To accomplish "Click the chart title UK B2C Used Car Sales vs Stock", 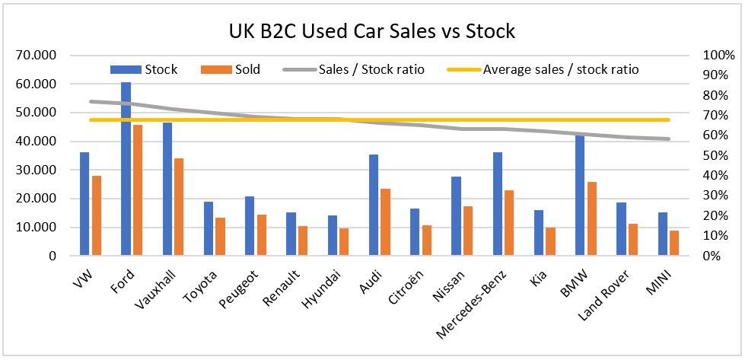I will pyautogui.click(x=371, y=31).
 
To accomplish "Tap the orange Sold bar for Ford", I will pyautogui.click(x=137, y=190).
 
